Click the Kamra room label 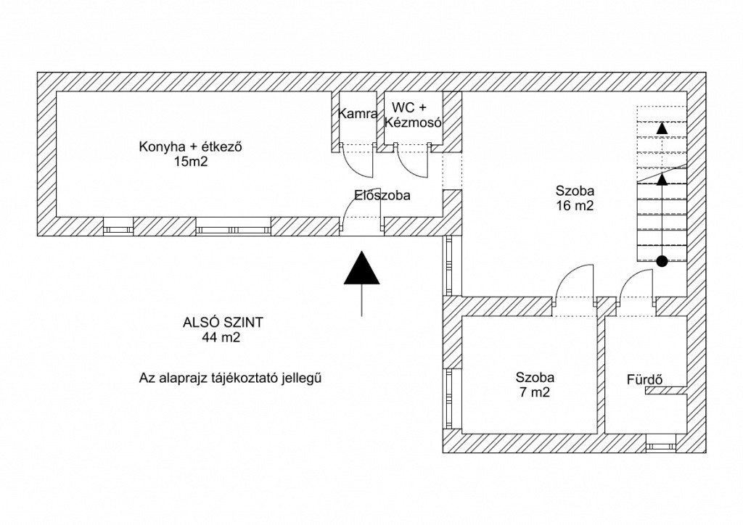pyautogui.click(x=358, y=114)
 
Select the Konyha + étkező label pyautogui.click(x=190, y=147)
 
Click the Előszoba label pyautogui.click(x=382, y=195)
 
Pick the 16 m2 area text pyautogui.click(x=575, y=206)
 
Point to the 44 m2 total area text pyautogui.click(x=222, y=338)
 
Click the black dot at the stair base pyautogui.click(x=662, y=261)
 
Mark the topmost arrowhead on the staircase pyautogui.click(x=662, y=128)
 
